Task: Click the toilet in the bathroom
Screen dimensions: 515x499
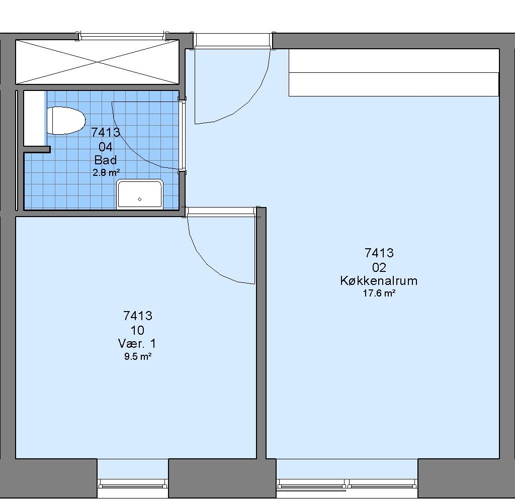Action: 66,121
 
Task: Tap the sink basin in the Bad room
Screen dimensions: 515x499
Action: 140,194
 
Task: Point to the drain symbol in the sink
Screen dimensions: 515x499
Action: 140,199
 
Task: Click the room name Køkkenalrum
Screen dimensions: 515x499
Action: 379,281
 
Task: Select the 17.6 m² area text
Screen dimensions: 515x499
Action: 379,293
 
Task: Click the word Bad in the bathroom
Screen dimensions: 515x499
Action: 106,160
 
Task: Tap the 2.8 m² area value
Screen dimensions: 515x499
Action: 106,172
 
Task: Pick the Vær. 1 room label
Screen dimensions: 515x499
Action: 137,344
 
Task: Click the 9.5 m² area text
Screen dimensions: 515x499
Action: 138,356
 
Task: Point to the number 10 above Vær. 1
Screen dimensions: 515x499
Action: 137,330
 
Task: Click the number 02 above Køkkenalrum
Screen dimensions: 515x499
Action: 379,268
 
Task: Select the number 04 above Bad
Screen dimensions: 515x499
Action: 106,147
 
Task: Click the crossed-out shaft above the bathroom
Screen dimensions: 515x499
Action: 97,62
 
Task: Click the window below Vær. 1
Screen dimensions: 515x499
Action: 133,484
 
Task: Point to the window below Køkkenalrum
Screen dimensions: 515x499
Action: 347,484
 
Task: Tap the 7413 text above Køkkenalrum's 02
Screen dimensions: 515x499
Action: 379,253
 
